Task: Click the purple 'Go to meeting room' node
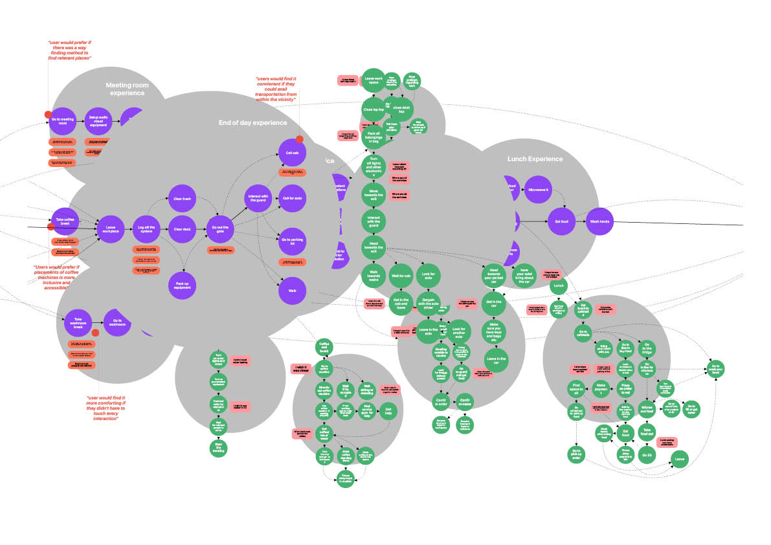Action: click(x=63, y=122)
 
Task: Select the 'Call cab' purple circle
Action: click(x=291, y=153)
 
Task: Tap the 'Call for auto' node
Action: click(x=291, y=193)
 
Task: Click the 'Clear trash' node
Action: click(x=183, y=199)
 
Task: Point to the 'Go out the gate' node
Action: click(x=221, y=228)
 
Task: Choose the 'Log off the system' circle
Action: click(x=145, y=228)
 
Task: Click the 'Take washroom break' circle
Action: click(x=78, y=322)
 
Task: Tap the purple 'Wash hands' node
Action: click(x=599, y=221)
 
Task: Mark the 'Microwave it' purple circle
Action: click(x=538, y=190)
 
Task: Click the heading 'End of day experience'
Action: click(x=252, y=122)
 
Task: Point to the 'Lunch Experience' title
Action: click(x=535, y=159)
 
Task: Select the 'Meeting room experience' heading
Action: click(x=127, y=89)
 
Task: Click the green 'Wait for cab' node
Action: click(x=401, y=276)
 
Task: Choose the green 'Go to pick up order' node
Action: click(x=576, y=454)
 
